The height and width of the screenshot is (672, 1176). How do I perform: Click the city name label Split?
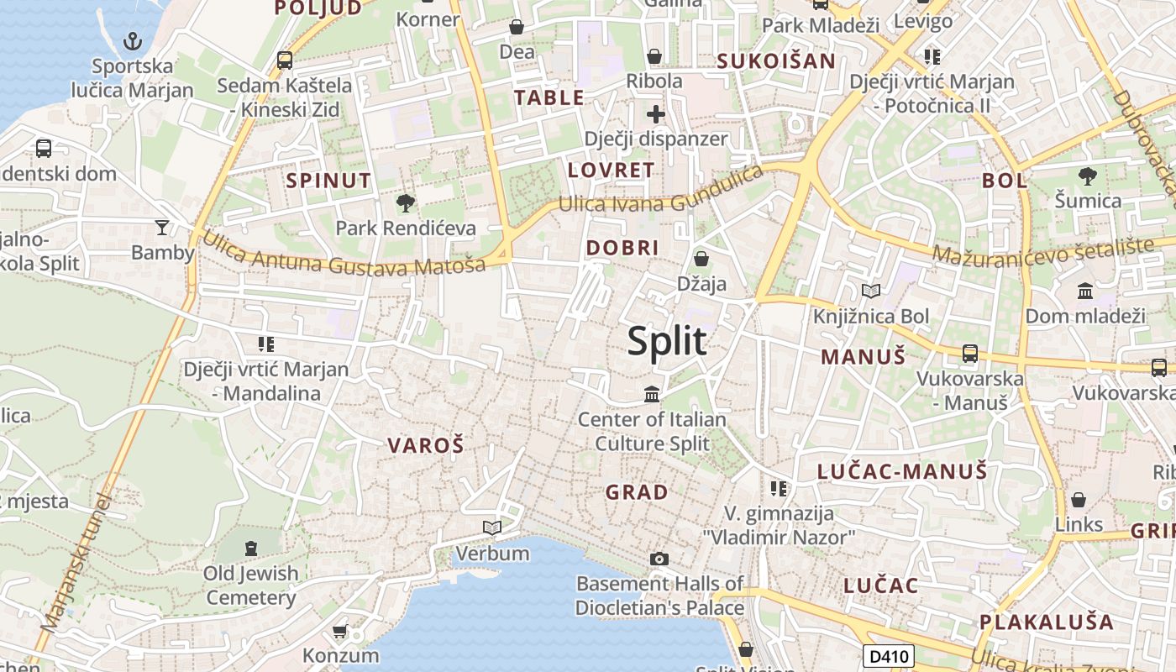pyautogui.click(x=667, y=342)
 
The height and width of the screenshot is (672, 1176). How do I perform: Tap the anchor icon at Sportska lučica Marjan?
pyautogui.click(x=133, y=39)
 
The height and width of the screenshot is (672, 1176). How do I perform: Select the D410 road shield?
pyautogui.click(x=888, y=655)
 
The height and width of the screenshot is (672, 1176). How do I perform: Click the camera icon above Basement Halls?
pyautogui.click(x=659, y=559)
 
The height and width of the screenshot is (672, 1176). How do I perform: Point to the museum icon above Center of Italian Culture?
pyautogui.click(x=651, y=393)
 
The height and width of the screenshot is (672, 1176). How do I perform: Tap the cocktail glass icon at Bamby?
pyautogui.click(x=162, y=227)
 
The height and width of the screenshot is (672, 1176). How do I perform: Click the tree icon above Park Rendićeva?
pyautogui.click(x=406, y=202)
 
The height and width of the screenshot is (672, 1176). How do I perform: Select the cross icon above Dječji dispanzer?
pyautogui.click(x=655, y=113)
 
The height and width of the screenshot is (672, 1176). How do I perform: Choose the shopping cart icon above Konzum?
pyautogui.click(x=340, y=631)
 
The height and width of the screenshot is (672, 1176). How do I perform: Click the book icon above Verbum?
pyautogui.click(x=492, y=528)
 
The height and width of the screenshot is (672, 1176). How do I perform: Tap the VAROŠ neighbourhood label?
pyautogui.click(x=425, y=446)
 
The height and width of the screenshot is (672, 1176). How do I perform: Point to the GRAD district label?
pyautogui.click(x=637, y=492)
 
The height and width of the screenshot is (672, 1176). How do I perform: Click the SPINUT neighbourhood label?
pyautogui.click(x=328, y=181)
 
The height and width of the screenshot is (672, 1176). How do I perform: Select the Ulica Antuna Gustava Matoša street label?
pyautogui.click(x=344, y=255)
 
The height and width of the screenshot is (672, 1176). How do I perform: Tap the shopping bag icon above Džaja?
pyautogui.click(x=701, y=259)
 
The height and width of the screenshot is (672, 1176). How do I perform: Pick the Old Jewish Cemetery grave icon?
pyautogui.click(x=250, y=549)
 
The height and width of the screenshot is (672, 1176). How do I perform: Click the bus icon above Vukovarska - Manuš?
pyautogui.click(x=970, y=354)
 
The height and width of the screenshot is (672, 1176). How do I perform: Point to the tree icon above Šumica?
pyautogui.click(x=1088, y=176)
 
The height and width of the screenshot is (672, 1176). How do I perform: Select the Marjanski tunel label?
pyautogui.click(x=76, y=563)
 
